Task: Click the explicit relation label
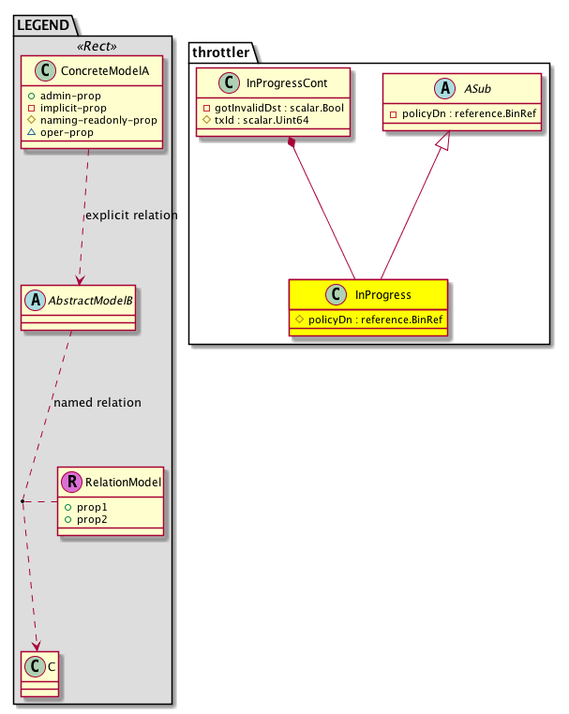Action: pos(130,216)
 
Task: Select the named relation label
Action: pos(97,403)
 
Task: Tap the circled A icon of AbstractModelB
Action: pos(34,302)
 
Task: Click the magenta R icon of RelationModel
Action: pos(70,483)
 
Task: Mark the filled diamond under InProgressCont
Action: pos(293,143)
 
